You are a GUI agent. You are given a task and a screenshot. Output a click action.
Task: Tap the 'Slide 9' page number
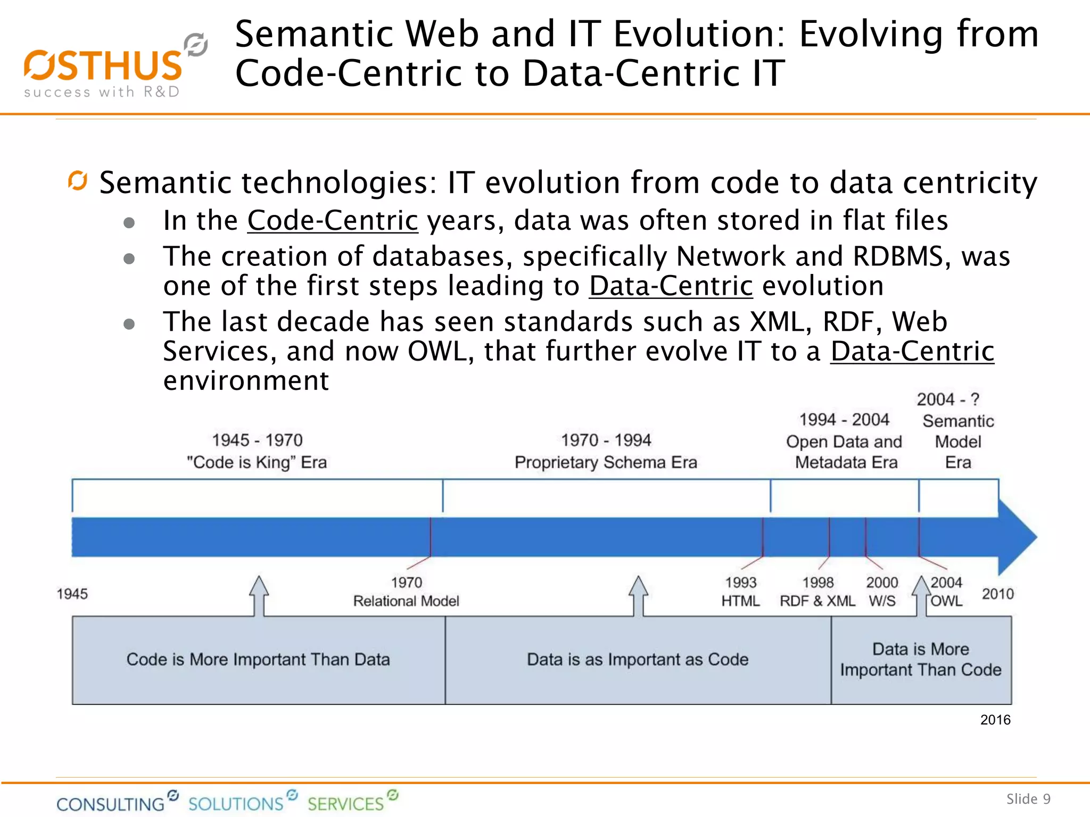pos(1028,799)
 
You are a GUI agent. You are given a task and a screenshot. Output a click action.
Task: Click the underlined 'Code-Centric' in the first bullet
pos(333,220)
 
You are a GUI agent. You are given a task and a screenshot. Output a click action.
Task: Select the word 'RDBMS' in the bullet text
pos(898,256)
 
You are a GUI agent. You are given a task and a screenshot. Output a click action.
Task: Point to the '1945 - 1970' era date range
pos(257,440)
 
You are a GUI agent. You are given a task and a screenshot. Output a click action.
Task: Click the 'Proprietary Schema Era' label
pos(606,462)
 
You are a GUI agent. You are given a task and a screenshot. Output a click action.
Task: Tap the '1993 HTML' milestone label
pos(740,592)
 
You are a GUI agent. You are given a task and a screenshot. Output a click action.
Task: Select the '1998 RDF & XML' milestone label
pos(817,592)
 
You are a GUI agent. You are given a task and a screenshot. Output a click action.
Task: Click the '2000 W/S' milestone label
pos(882,592)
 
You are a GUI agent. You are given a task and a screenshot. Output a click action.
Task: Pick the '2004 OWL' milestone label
pos(946,592)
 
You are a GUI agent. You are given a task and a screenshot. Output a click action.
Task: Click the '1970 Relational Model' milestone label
pos(406,592)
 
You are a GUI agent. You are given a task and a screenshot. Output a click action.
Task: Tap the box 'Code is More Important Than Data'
pos(258,660)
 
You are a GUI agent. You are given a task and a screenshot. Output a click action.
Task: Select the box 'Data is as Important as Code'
pos(638,660)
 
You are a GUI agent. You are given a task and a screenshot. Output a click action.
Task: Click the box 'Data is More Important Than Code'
pos(921,660)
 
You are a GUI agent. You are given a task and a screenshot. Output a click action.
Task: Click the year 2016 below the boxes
pos(995,720)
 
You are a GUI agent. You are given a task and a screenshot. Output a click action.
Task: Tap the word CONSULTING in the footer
pos(111,803)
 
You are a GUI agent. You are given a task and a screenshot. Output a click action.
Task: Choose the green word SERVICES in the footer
pos(345,803)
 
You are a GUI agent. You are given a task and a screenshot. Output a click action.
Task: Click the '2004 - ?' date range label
pos(948,399)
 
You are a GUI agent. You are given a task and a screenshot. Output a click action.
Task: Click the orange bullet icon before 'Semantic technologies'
pos(78,181)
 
